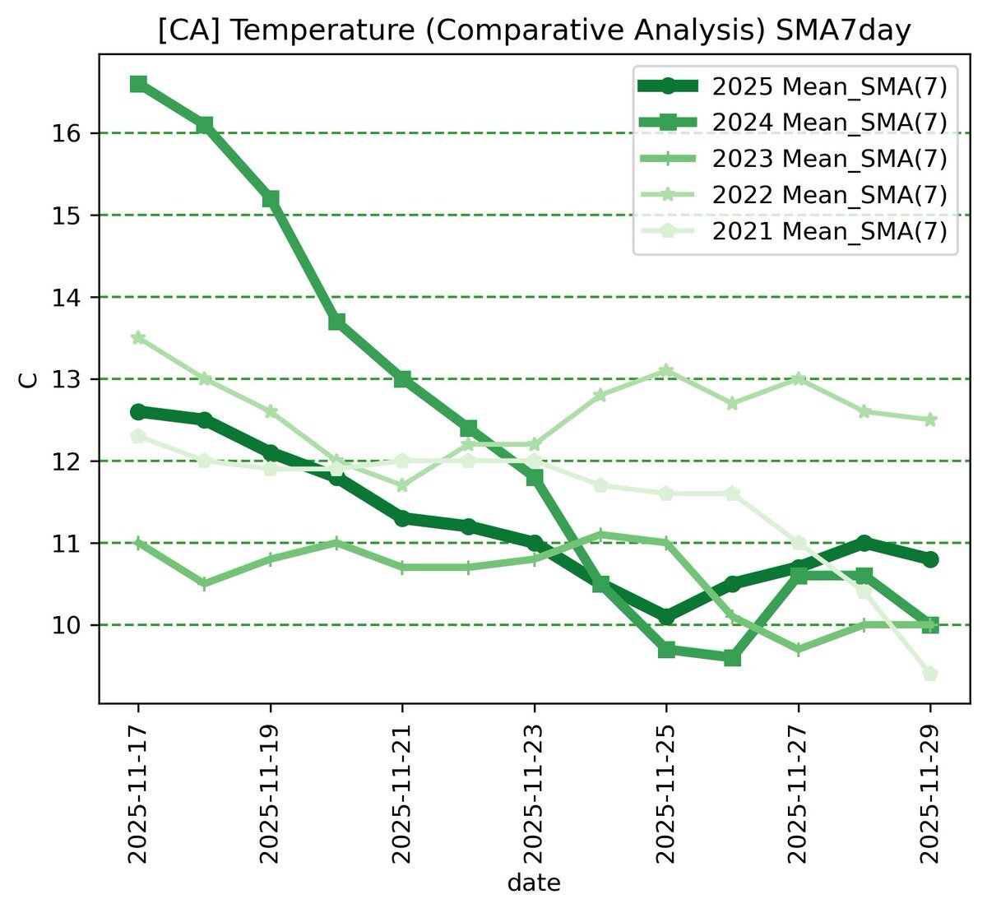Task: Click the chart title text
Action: (x=534, y=31)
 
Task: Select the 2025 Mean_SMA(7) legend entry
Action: (x=830, y=86)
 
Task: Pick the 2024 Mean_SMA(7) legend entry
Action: (x=830, y=123)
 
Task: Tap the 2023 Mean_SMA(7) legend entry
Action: (x=830, y=158)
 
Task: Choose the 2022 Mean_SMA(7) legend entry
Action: (x=830, y=195)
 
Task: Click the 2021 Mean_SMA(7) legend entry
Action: (x=830, y=231)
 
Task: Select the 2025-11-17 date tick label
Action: (x=138, y=794)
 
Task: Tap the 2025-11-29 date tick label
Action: (x=930, y=794)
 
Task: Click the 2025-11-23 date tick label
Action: (x=535, y=794)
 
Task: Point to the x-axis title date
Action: (x=534, y=884)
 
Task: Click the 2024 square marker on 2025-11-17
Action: (x=138, y=84)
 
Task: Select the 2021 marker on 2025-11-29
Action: (x=930, y=674)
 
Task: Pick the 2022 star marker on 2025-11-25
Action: (x=666, y=371)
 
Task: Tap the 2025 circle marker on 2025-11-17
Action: (x=138, y=411)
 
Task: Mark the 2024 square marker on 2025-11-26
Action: (x=732, y=658)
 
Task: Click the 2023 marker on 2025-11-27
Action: (x=799, y=650)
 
